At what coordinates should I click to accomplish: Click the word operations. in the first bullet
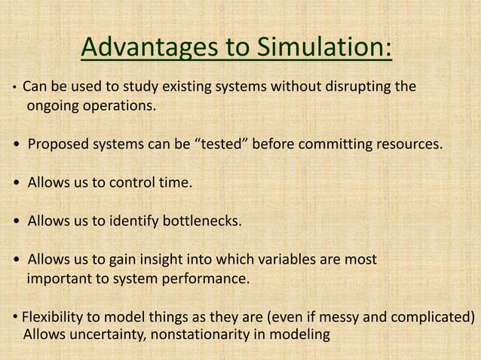coord(121,105)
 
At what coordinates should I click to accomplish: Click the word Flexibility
coord(52,316)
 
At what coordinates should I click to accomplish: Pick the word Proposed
coord(55,144)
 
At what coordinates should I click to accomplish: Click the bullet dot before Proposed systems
coord(17,145)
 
